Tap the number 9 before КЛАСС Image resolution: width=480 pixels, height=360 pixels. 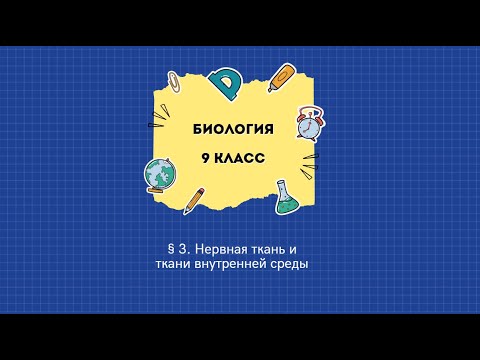pos(205,157)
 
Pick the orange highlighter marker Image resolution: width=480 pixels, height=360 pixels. pos(282,76)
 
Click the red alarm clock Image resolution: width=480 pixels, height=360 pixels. pos(309,123)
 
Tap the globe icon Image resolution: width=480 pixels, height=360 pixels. pos(159,175)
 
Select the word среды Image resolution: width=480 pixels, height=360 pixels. pos(299,264)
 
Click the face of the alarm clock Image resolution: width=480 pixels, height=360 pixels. pos(309,125)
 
